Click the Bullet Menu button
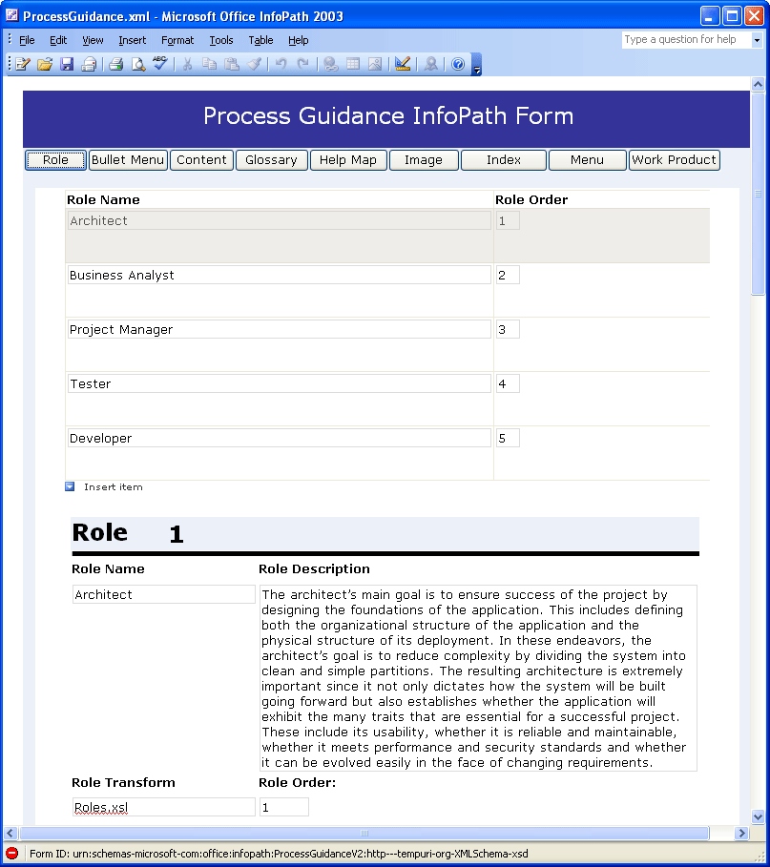128,160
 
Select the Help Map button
348,160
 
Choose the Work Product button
674,160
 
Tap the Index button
504,160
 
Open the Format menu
177,40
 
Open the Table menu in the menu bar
260,40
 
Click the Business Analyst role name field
279,275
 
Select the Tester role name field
279,383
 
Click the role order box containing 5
507,438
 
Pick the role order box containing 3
507,329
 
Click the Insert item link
113,487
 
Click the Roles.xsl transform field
163,807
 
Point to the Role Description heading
314,569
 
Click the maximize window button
732,15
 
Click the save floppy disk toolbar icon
67,64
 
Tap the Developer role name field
279,438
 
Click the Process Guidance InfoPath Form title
388,116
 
